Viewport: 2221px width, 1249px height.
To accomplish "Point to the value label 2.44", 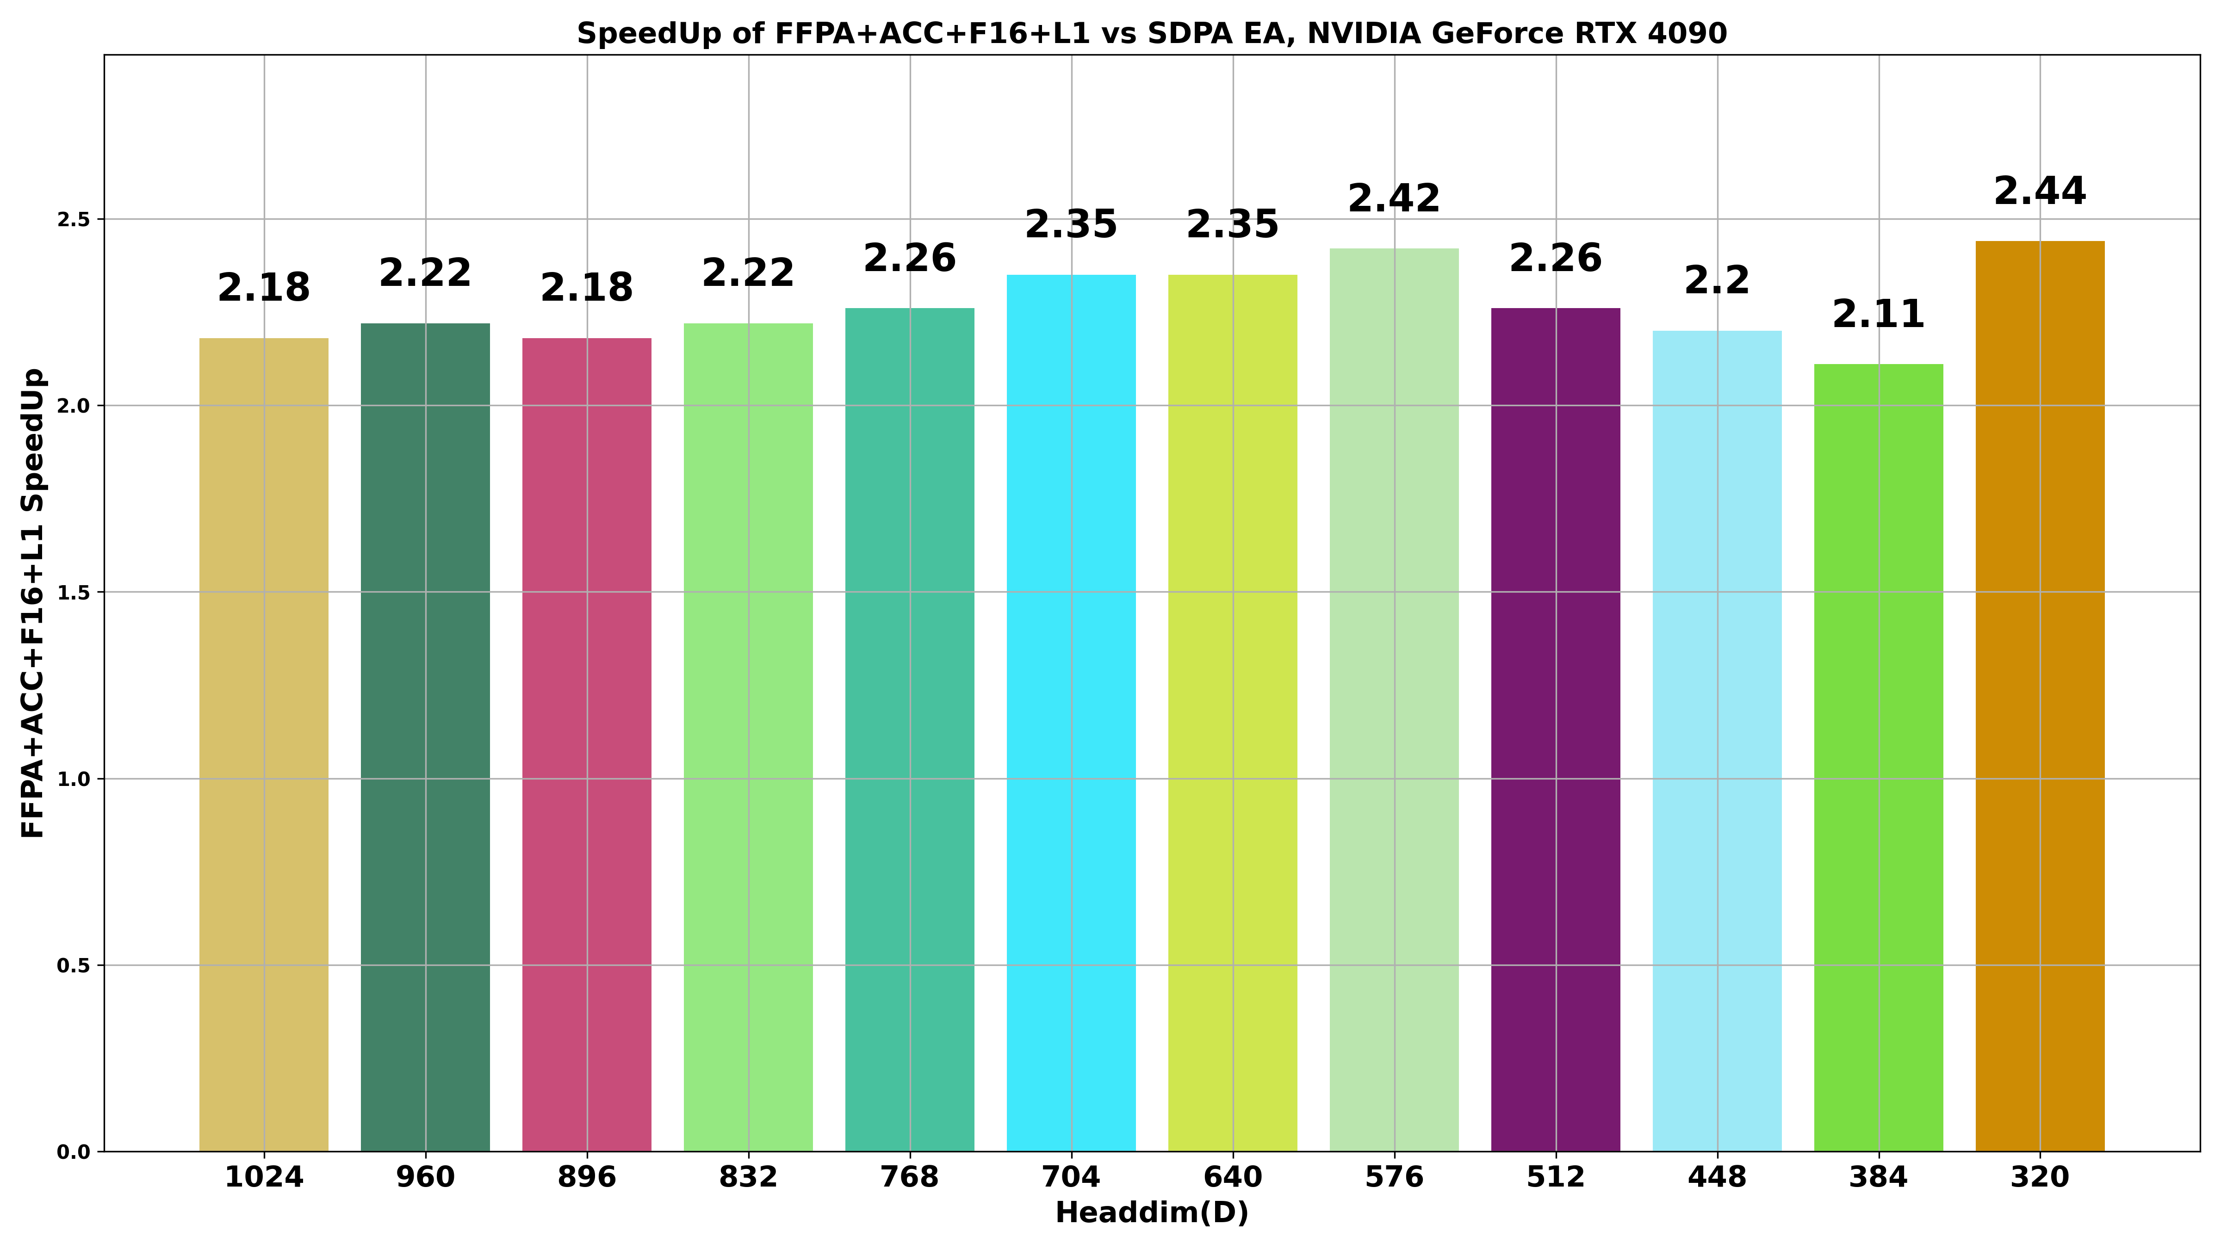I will click(2040, 192).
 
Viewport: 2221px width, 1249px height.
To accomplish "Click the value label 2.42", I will click(1394, 199).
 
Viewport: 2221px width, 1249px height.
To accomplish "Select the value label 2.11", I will click(1879, 315).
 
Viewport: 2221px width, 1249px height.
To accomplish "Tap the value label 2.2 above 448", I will click(1717, 281).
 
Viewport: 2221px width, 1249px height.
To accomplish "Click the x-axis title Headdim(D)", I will click(1152, 1213).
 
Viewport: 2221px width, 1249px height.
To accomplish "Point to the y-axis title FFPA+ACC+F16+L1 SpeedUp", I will click(33, 603).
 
